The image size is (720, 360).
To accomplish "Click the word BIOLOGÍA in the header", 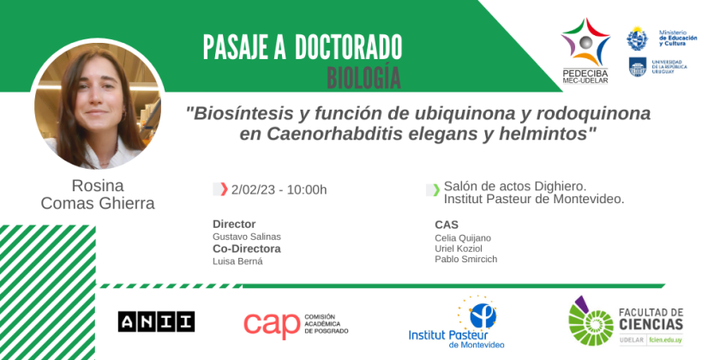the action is [x=363, y=78].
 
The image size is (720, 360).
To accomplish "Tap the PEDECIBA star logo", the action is [x=585, y=51].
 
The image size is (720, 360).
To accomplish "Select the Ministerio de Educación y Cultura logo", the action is [x=661, y=38].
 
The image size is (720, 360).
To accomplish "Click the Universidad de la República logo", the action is [x=658, y=67].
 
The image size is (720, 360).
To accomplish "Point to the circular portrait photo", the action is [x=98, y=106].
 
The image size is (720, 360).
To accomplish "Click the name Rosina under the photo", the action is [x=98, y=186].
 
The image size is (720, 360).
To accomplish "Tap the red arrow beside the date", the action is [x=224, y=189].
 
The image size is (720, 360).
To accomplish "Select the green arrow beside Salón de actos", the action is [x=436, y=189].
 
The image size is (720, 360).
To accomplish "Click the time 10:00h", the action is [x=307, y=189].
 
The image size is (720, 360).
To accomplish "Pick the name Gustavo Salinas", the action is [x=247, y=237].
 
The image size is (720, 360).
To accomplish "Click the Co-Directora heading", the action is [x=247, y=249].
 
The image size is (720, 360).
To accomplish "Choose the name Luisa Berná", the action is [x=238, y=261].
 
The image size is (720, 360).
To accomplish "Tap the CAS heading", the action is [x=447, y=225].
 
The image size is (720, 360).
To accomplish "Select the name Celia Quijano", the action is [x=463, y=238].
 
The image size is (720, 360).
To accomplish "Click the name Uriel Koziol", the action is [x=459, y=249].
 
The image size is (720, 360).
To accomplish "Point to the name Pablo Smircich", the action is [x=465, y=259].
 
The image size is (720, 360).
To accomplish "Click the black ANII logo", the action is [x=156, y=321].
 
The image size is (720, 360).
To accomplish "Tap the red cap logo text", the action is [x=272, y=325].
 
